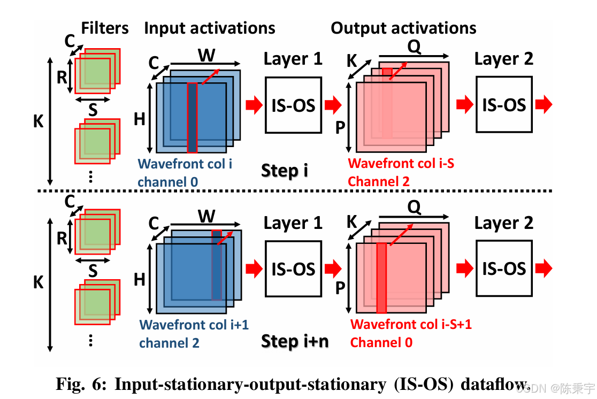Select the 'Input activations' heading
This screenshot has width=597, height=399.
(x=210, y=28)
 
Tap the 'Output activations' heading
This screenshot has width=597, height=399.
(x=403, y=28)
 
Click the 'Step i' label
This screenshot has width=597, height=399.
(x=285, y=171)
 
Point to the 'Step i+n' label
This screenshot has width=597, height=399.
(x=295, y=341)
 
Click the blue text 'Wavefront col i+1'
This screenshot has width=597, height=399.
(x=194, y=325)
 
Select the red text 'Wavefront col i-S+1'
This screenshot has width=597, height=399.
(x=411, y=324)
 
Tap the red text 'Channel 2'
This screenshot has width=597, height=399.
(x=379, y=181)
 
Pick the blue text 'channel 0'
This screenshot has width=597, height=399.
(x=167, y=182)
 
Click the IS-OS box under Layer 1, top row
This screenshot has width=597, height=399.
(x=293, y=105)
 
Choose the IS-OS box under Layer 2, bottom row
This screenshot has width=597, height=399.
(x=504, y=268)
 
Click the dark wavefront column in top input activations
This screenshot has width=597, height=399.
(x=192, y=118)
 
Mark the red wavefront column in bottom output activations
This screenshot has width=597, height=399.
(x=381, y=278)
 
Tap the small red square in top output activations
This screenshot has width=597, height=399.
(x=387, y=72)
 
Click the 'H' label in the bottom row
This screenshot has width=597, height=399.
(x=140, y=279)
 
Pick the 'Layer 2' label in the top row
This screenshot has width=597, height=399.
(x=504, y=59)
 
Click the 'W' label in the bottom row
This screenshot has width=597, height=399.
(x=206, y=216)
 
